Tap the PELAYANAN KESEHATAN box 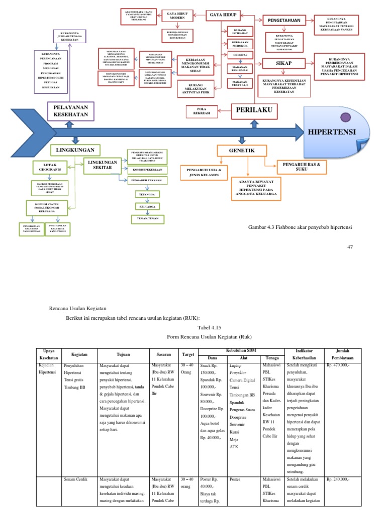click(71, 111)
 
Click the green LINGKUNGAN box click(75, 150)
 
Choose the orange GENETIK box click(241, 150)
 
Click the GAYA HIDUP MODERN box click(173, 15)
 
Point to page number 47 click(351, 246)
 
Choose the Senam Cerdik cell click(76, 479)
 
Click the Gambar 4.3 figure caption click(301, 227)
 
